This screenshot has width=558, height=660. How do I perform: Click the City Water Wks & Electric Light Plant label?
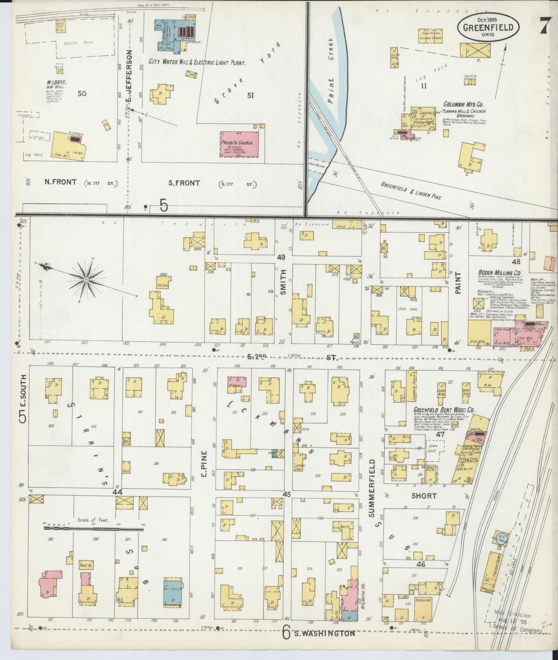point(197,62)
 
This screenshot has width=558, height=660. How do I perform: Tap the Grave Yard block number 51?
point(250,95)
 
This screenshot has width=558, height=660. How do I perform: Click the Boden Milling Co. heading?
point(500,272)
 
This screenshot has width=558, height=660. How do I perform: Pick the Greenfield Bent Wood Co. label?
point(444,410)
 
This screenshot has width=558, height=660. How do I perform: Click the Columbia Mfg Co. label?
point(463,105)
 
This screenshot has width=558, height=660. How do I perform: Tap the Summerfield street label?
point(372,488)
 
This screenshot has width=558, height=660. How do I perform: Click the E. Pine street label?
point(204,463)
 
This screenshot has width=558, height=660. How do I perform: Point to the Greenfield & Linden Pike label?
point(411,190)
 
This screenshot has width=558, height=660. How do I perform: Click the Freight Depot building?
point(492,571)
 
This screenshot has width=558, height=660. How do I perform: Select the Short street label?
point(424,496)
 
